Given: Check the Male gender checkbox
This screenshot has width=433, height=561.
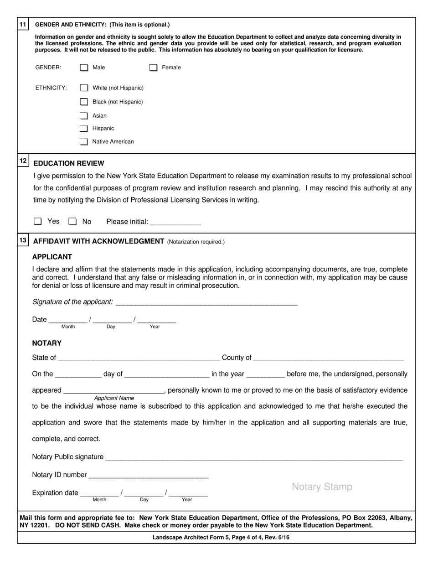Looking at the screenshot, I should pyautogui.click(x=84, y=68).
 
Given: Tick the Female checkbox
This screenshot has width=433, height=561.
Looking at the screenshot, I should pyautogui.click(x=154, y=68).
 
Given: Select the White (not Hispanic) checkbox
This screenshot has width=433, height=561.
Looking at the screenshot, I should pyautogui.click(x=84, y=88).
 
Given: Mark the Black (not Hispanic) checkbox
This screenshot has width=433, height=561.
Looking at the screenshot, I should pyautogui.click(x=84, y=102).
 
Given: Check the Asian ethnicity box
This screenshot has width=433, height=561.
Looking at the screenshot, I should pyautogui.click(x=84, y=116).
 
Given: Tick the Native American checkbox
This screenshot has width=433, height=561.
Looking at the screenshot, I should pyautogui.click(x=84, y=141).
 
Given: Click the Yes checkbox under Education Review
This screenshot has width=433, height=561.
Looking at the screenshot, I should pyautogui.click(x=38, y=222).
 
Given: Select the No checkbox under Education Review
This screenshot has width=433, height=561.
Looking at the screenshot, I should pyautogui.click(x=72, y=222).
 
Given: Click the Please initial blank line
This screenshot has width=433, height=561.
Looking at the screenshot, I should pyautogui.click(x=175, y=223).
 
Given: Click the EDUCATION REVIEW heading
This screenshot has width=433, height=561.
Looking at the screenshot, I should pyautogui.click(x=69, y=163).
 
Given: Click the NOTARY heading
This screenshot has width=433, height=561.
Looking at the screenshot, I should pyautogui.click(x=46, y=343).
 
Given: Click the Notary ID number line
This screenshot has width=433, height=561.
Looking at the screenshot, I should pyautogui.click(x=149, y=476).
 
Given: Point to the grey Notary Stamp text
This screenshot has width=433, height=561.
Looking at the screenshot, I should pyautogui.click(x=322, y=487).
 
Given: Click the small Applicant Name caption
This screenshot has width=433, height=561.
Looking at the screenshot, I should pyautogui.click(x=114, y=398).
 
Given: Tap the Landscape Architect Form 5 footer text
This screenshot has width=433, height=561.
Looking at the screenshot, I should pyautogui.click(x=221, y=538).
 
